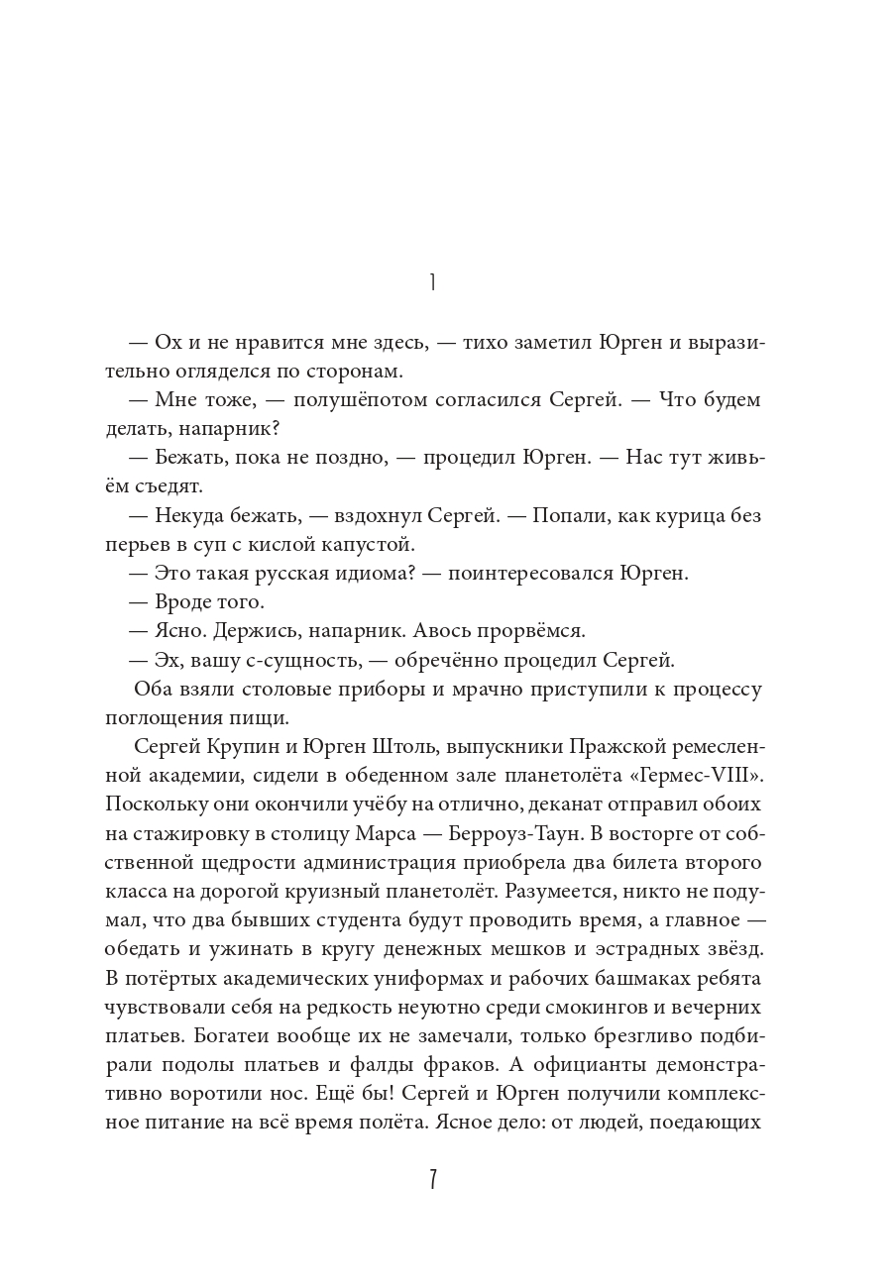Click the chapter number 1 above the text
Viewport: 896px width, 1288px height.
(x=433, y=282)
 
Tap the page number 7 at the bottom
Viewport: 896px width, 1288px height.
(x=433, y=1181)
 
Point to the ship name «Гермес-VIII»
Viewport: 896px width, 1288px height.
(x=709, y=774)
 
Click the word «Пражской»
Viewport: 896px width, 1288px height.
(x=591, y=745)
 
